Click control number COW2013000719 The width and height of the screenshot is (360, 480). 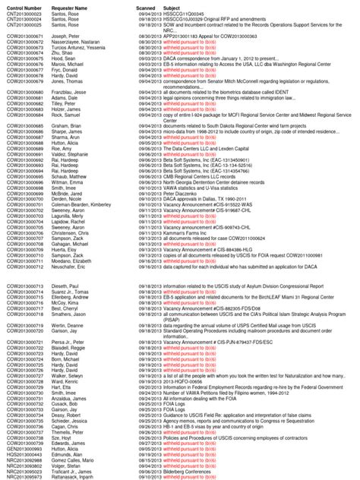click(27, 324)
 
